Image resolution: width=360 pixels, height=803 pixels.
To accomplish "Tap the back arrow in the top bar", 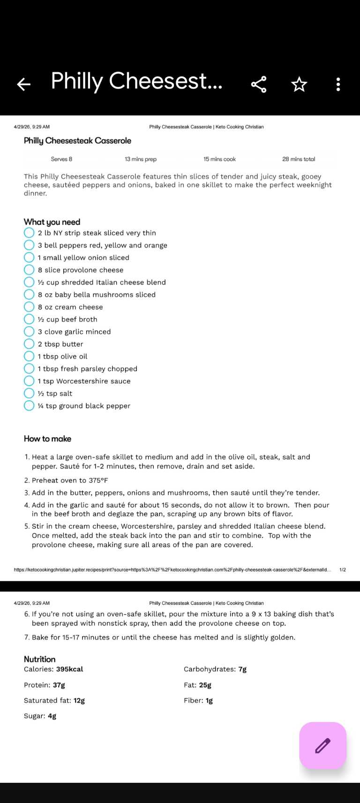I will coord(23,84).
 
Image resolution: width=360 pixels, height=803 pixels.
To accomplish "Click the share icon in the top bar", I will coord(259,84).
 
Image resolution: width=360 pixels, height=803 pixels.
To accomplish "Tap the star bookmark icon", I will coord(299,84).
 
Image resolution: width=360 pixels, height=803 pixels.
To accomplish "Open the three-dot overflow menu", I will coord(338,84).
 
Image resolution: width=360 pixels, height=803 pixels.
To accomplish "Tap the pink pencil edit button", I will coord(322,745).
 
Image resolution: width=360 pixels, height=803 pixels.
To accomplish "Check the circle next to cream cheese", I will coord(29,307).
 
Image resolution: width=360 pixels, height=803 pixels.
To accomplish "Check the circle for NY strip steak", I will coord(29,233).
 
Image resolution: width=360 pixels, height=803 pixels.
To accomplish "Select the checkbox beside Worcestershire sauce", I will coord(29,381).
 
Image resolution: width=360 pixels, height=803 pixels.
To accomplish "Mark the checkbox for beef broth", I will coord(29,319).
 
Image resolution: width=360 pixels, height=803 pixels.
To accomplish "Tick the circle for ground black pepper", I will coord(29,406).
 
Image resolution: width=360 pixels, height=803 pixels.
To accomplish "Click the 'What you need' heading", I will coord(52,222).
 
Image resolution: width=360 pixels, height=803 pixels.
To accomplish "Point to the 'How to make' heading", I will coord(47,439).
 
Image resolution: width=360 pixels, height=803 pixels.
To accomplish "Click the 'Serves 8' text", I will coord(61,159).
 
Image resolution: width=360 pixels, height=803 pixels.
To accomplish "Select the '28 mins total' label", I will coord(299,159).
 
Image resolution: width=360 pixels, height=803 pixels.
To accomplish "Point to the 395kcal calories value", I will coord(69,669).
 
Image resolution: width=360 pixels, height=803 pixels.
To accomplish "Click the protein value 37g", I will coord(59,685).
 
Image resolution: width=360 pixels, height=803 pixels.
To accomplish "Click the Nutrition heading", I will coord(40,659).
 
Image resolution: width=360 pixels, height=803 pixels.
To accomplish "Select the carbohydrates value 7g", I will coord(242,669).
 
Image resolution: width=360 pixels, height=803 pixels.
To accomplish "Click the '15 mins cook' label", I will coord(219,159).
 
